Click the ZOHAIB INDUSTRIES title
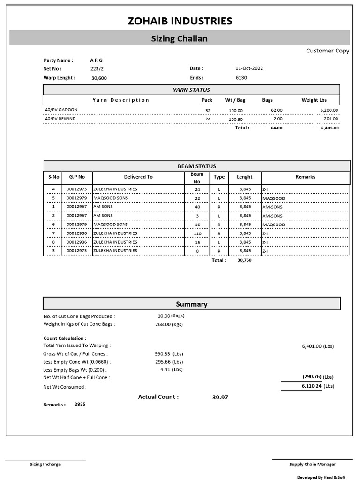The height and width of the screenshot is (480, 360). [180, 21]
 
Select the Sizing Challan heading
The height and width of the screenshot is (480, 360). [179, 38]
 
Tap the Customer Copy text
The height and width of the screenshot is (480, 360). [328, 51]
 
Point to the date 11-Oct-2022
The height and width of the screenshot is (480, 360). [249, 68]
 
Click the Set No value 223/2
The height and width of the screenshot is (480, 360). [97, 68]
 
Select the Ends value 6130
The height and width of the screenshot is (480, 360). [241, 78]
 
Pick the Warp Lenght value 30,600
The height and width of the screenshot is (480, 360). [99, 78]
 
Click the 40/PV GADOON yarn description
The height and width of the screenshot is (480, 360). [61, 110]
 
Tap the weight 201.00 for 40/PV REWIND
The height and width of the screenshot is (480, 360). [330, 119]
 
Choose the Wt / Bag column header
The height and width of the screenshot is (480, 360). [235, 100]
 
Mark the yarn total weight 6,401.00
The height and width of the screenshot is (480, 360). [329, 127]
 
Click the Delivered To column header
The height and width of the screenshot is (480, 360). [138, 177]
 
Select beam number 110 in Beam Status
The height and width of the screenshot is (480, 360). [197, 233]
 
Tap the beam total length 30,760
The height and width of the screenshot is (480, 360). [244, 260]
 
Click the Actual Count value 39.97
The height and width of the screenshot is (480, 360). [220, 397]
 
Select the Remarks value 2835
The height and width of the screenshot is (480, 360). [80, 404]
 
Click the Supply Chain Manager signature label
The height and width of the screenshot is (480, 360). [312, 465]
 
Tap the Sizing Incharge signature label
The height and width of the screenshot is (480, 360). [45, 465]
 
